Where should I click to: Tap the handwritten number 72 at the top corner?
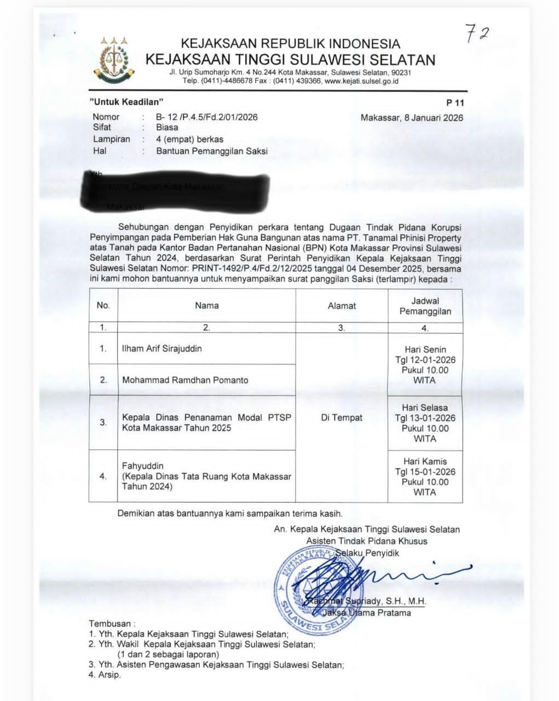(477, 33)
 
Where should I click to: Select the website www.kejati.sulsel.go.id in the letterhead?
(361, 81)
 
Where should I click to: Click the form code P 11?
(455, 102)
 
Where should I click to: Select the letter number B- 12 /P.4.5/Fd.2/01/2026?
(206, 117)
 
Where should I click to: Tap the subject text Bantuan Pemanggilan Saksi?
(212, 151)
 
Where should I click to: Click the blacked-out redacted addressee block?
(175, 192)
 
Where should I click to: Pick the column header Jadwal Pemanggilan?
(425, 306)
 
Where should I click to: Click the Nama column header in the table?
(206, 306)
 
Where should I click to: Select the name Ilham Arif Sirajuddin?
(162, 348)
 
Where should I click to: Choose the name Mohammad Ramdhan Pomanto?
(185, 380)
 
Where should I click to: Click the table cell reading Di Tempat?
(342, 417)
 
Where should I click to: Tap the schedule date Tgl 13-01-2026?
(425, 418)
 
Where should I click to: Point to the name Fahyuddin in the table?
(142, 466)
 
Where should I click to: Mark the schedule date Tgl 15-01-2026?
(425, 472)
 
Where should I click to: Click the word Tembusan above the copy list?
(110, 623)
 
